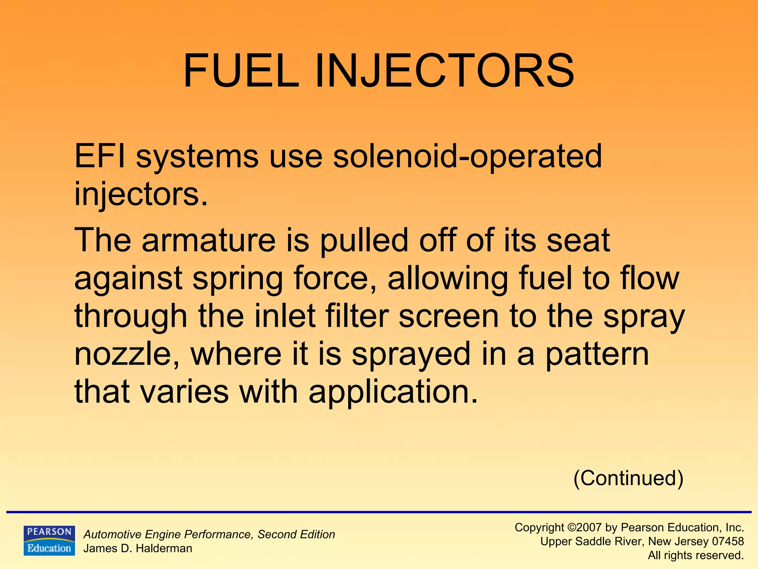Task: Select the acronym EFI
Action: (x=100, y=156)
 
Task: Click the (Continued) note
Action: (x=628, y=478)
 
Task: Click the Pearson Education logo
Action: (x=49, y=540)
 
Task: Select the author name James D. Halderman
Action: (x=138, y=548)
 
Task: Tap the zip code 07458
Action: (x=728, y=541)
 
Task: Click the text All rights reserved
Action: (x=695, y=555)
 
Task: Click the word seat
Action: (x=578, y=241)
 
